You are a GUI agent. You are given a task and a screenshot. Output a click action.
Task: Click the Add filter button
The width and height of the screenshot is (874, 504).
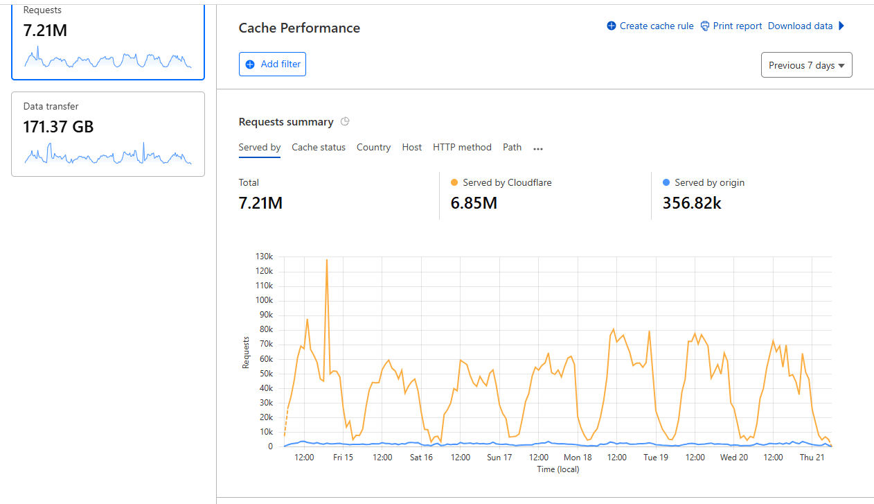(272, 64)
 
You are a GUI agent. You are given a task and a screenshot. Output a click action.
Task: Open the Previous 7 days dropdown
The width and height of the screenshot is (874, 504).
(806, 65)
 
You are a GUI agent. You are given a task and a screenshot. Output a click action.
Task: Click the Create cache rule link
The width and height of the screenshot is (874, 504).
(650, 26)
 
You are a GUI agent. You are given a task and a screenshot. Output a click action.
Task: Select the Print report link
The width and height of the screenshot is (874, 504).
(731, 26)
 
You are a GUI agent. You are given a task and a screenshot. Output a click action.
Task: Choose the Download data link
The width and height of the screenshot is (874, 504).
(801, 26)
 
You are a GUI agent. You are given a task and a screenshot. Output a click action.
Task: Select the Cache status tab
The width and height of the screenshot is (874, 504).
(319, 148)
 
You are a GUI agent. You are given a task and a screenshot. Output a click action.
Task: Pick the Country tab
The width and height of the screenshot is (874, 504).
(373, 148)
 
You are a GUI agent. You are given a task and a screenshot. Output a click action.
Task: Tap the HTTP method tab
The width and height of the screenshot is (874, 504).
(462, 148)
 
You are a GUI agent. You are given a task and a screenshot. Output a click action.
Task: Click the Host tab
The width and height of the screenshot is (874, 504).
(412, 148)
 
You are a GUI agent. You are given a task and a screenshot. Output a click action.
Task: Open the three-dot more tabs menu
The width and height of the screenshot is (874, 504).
(537, 148)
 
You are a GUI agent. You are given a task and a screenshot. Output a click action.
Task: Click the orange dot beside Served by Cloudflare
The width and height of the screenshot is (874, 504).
(454, 182)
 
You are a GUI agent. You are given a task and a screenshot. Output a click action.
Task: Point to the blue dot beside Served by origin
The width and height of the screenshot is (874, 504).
(666, 182)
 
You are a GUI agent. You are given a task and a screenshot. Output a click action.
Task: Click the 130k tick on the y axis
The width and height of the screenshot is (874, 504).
(265, 257)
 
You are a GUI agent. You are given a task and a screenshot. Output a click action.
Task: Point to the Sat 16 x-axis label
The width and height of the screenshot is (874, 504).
(421, 458)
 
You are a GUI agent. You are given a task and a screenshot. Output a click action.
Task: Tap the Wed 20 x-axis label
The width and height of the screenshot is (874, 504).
(733, 458)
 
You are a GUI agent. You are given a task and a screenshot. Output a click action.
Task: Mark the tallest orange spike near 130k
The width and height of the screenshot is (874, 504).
(327, 260)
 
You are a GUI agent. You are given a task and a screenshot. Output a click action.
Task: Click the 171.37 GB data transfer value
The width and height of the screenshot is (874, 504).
(58, 127)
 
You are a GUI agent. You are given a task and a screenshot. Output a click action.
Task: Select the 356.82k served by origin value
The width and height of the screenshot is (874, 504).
(692, 203)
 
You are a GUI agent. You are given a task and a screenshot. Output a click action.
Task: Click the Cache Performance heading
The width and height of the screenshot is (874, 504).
(299, 28)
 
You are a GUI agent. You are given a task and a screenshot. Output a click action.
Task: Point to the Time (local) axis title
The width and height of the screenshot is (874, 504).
(558, 469)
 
